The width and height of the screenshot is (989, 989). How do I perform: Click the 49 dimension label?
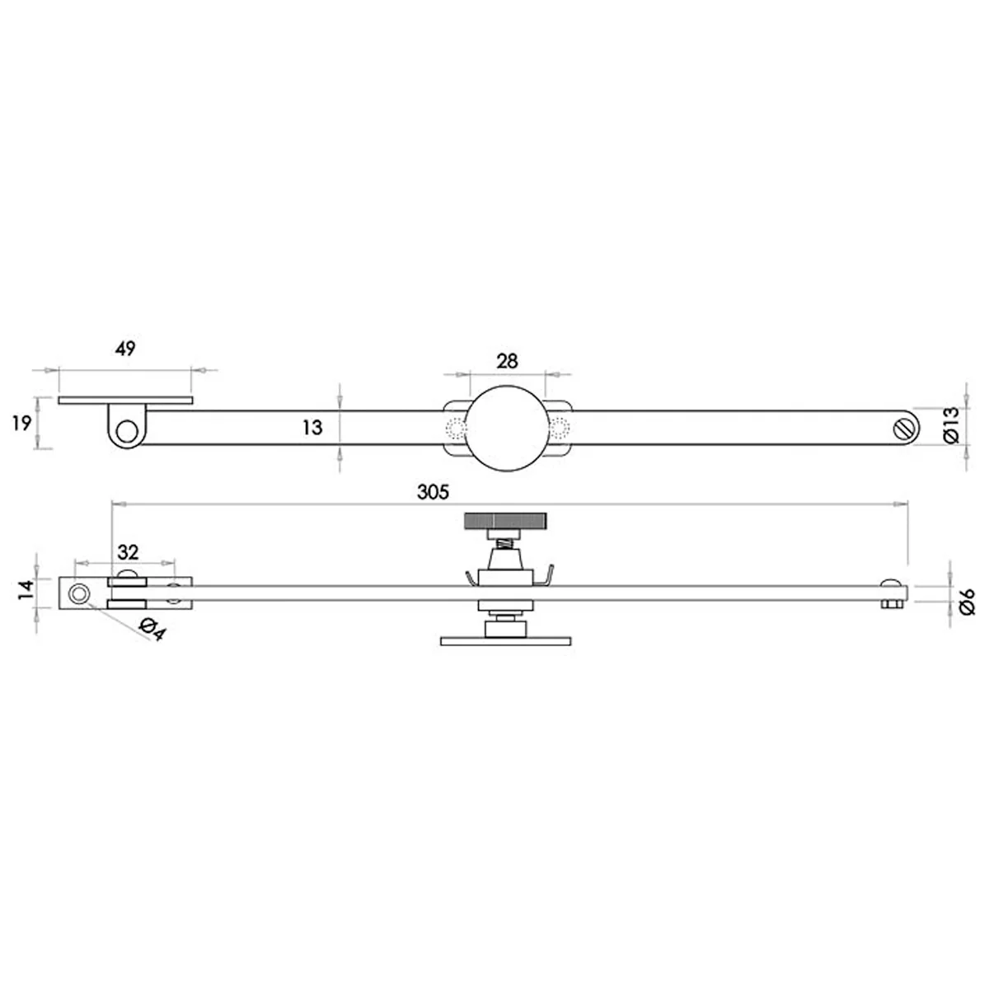125,349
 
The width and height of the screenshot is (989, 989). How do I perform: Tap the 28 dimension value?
507,361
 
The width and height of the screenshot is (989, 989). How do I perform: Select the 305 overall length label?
433,492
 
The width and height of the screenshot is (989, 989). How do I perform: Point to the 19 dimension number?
22,424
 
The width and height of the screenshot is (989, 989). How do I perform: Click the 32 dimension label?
129,553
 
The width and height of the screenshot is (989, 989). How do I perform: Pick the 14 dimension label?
26,589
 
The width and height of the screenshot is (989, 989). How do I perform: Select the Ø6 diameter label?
966,601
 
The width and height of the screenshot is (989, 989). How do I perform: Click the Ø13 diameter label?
950,425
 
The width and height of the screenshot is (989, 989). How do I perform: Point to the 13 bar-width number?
312,427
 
